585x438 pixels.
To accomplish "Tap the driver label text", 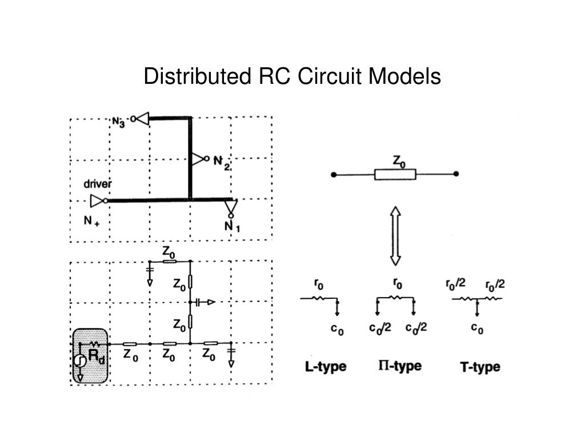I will click(x=98, y=184).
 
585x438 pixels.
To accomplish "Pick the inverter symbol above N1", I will click(x=230, y=208).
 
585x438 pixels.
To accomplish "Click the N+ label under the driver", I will click(x=91, y=221).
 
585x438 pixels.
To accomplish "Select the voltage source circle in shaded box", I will click(x=81, y=360).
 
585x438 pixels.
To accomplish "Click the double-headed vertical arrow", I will click(x=395, y=236).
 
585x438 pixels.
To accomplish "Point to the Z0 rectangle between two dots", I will click(x=395, y=174).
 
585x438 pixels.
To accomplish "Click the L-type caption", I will click(x=325, y=366).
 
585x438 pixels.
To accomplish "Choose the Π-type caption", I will click(x=399, y=366).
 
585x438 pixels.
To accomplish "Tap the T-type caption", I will click(x=480, y=367).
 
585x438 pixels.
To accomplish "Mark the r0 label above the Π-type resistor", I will click(x=398, y=283).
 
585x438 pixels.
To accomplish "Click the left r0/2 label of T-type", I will click(x=456, y=283).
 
